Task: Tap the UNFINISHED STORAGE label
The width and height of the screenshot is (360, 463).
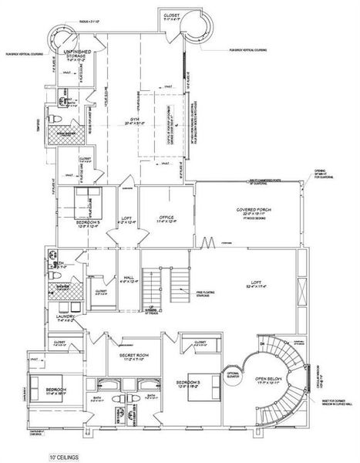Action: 76,52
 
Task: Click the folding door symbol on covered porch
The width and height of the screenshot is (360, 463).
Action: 207,246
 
